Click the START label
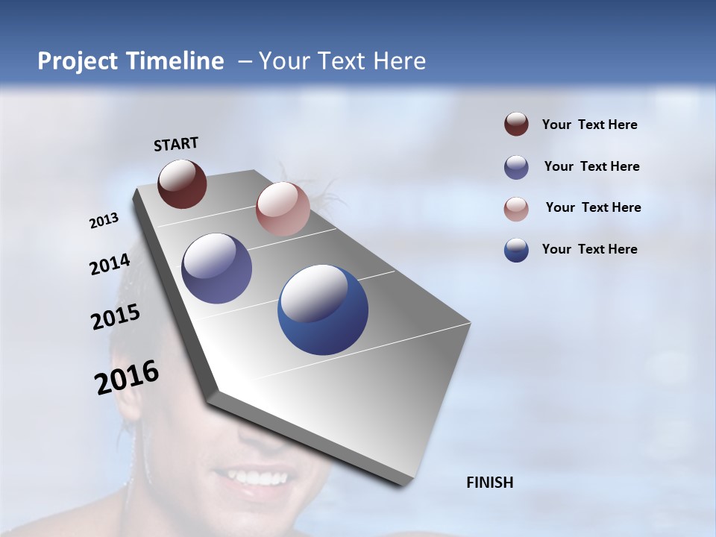pyautogui.click(x=176, y=144)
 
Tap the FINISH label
pyautogui.click(x=489, y=483)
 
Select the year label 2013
pyautogui.click(x=104, y=221)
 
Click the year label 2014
pyautogui.click(x=110, y=264)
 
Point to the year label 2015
pyautogui.click(x=116, y=317)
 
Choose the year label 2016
pyautogui.click(x=127, y=377)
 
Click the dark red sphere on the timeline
pyautogui.click(x=182, y=183)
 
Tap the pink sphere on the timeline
pyautogui.click(x=283, y=209)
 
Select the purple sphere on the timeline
pyautogui.click(x=216, y=268)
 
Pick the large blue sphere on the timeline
pyautogui.click(x=323, y=310)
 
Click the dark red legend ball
pyautogui.click(x=516, y=125)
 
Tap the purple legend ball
pyautogui.click(x=516, y=167)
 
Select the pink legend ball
pyautogui.click(x=516, y=209)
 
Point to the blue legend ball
pyautogui.click(x=516, y=250)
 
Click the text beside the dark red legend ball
pyautogui.click(x=589, y=125)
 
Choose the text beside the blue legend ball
pyautogui.click(x=589, y=249)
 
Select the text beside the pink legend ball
pyautogui.click(x=593, y=207)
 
